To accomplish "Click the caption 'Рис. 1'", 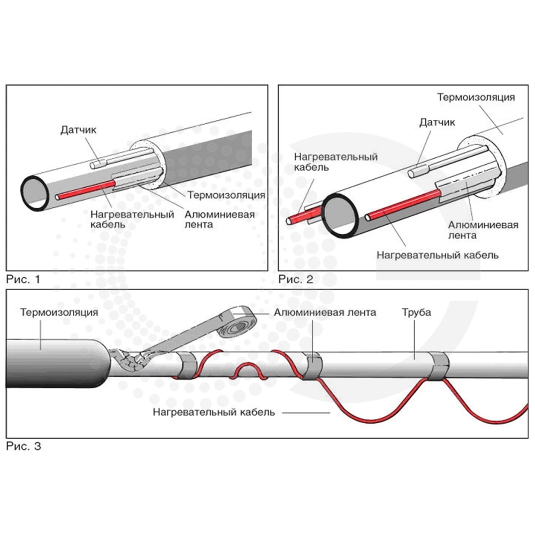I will click(x=23, y=279).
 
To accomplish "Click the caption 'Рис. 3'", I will click(x=23, y=446).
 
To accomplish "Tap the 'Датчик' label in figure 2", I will click(x=437, y=123).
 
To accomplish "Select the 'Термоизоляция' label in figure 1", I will click(x=227, y=195).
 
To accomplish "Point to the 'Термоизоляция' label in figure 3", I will click(x=59, y=312).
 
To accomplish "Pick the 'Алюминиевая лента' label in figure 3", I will click(x=325, y=312).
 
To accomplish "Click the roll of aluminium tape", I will click(x=239, y=319).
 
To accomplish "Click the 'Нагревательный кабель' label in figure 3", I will click(x=214, y=412).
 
